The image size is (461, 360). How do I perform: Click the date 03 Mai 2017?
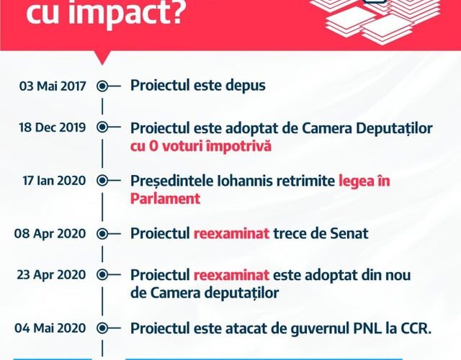tap(53, 86)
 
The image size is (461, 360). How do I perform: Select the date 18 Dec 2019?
tap(53, 127)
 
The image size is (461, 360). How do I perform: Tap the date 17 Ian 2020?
tap(54, 181)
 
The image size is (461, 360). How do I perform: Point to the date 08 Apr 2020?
tap(50, 233)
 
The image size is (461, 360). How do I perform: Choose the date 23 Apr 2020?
tap(51, 275)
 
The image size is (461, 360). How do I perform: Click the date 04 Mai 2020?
tap(50, 328)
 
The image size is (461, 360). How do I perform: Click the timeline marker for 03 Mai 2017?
tap(102, 86)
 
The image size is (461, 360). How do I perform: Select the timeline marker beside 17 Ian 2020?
tap(102, 181)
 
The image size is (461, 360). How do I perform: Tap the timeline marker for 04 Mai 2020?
tap(102, 328)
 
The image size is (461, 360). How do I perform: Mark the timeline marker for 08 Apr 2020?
tap(102, 234)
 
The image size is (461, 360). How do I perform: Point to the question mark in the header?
tap(174, 10)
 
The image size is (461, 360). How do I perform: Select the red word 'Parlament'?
tap(165, 199)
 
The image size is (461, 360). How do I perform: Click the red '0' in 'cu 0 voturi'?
tap(153, 146)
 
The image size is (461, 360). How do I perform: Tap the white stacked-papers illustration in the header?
tap(380, 21)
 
